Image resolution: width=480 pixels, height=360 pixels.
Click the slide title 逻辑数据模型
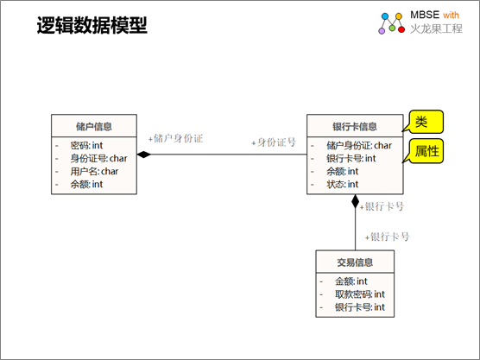[92, 25]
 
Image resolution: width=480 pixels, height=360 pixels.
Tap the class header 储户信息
[94, 126]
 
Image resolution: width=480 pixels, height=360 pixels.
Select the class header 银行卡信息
[355, 126]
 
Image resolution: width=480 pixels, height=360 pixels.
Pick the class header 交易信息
[355, 262]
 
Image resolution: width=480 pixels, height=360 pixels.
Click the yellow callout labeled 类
[426, 122]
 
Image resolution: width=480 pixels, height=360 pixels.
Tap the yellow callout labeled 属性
[426, 151]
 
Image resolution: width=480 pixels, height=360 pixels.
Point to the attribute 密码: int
[86, 145]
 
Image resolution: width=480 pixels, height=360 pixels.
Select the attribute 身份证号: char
[98, 158]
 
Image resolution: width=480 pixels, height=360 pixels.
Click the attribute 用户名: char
[94, 171]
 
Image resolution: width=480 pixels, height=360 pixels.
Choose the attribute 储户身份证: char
[359, 145]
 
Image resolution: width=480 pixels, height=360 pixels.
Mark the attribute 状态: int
[342, 184]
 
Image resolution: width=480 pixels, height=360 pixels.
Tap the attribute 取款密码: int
[360, 294]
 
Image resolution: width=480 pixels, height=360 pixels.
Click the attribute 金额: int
[351, 281]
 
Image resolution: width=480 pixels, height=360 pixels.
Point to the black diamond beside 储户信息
[144, 155]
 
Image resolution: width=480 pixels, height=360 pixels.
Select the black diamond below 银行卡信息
[355, 201]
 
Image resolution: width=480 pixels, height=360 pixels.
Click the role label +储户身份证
[176, 138]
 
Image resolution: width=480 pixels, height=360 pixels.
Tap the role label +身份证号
[274, 142]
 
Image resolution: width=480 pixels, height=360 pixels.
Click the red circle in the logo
[401, 29]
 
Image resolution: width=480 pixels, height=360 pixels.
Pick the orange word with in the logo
[451, 15]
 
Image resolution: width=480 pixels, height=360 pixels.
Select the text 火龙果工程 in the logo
[436, 28]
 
